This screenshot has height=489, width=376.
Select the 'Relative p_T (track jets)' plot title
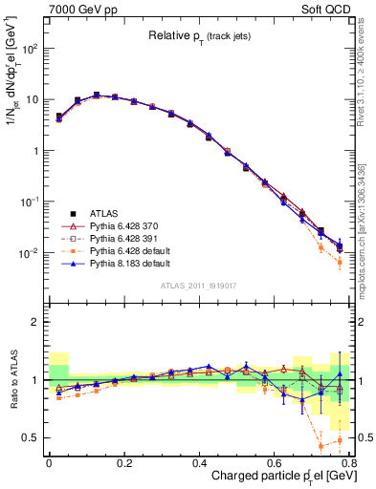[196, 37]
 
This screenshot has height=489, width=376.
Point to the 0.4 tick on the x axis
[199, 460]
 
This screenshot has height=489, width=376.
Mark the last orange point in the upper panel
[341, 262]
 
